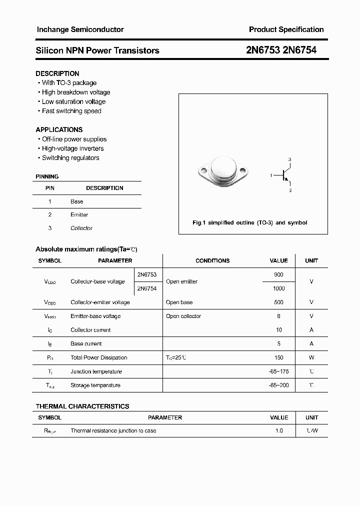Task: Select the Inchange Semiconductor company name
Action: (x=80, y=30)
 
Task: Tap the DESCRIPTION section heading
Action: (x=57, y=73)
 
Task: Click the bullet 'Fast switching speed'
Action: (x=71, y=111)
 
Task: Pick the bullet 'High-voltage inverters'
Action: (x=73, y=148)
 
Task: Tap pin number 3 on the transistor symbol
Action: (x=289, y=159)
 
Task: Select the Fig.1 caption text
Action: (x=250, y=223)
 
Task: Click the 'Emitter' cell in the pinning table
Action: (x=79, y=215)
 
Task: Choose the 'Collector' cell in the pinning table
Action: (x=81, y=228)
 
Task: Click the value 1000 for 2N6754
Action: (x=279, y=288)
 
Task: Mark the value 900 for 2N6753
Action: (x=279, y=275)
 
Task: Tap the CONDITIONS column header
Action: (x=212, y=260)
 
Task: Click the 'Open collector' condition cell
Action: (x=183, y=316)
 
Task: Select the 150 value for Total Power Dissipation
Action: (x=279, y=358)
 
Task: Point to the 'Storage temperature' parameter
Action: (x=95, y=385)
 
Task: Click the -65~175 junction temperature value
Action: (x=279, y=371)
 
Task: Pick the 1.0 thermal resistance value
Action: (x=279, y=431)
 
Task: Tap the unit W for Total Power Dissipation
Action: (x=311, y=358)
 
